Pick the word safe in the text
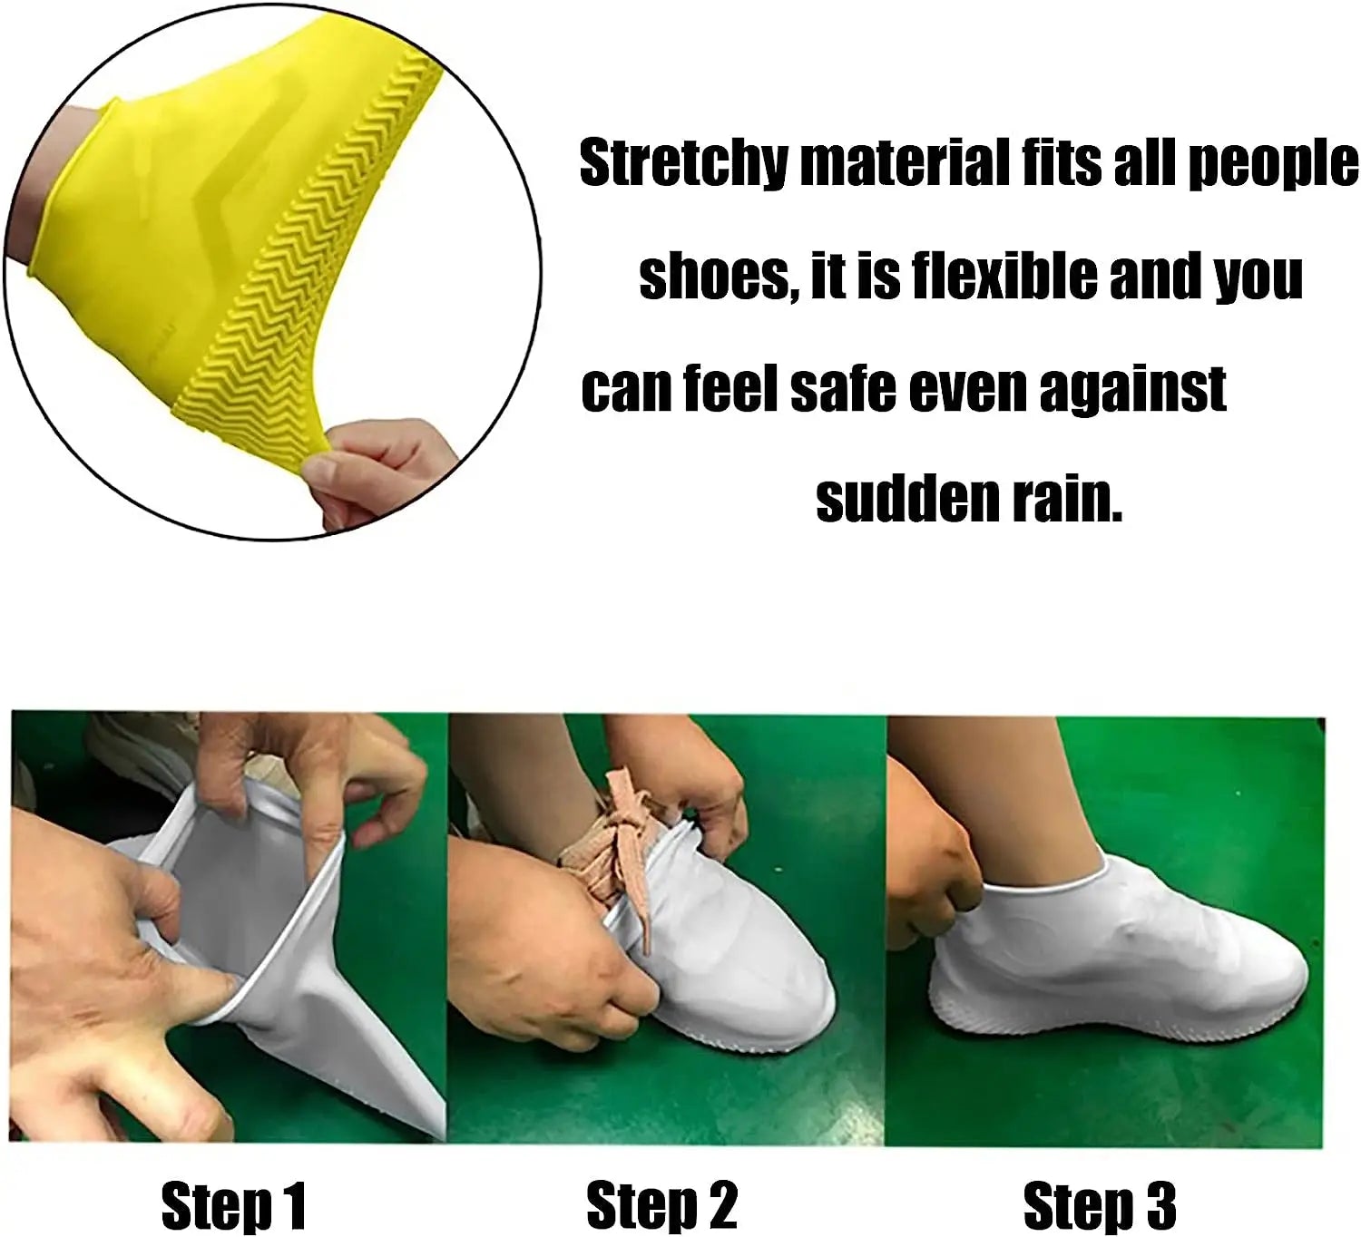(x=844, y=388)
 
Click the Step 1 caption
(x=234, y=1205)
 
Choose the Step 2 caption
(x=662, y=1205)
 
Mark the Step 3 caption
(x=1100, y=1205)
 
